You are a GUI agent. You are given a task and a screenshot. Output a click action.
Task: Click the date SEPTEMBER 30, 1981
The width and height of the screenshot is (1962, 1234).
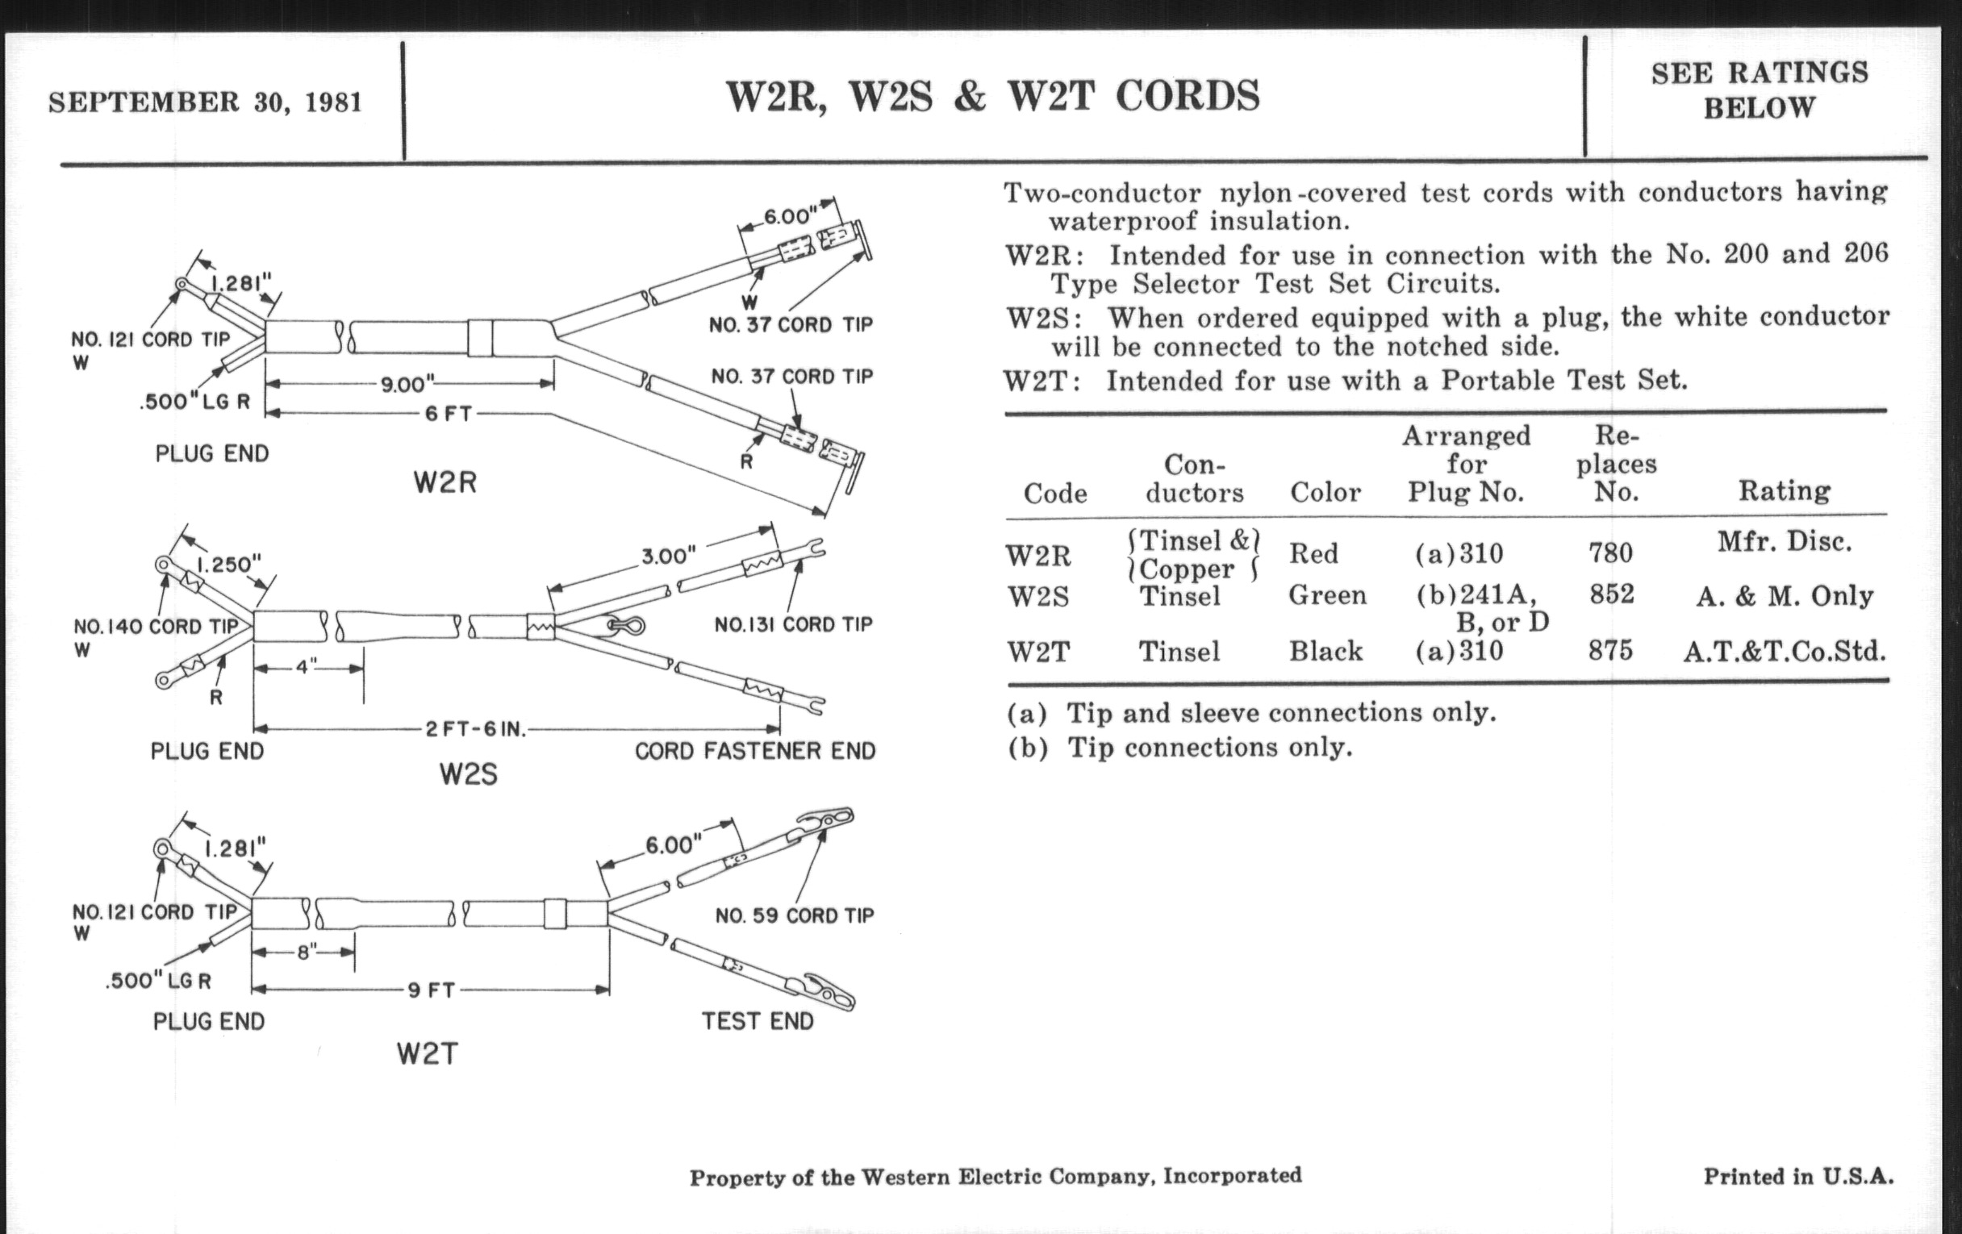pos(205,102)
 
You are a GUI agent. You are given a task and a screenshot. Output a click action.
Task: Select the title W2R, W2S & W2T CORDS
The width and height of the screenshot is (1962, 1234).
pos(992,97)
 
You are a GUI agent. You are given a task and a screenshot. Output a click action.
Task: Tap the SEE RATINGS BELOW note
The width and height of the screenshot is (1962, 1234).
pos(1760,90)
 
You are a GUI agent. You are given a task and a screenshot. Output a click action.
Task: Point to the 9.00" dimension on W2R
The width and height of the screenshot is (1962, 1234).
pos(408,384)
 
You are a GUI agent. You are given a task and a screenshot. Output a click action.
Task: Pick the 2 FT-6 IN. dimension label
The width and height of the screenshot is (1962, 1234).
pos(476,729)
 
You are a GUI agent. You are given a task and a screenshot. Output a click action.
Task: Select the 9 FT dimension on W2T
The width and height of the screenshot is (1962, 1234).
pos(431,990)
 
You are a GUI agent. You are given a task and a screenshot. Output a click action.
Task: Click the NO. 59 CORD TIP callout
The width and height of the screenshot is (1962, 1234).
pos(795,915)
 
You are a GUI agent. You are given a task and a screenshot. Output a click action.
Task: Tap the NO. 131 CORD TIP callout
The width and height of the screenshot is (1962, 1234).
pos(793,625)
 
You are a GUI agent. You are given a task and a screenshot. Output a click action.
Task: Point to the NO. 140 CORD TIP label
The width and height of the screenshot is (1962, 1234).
pos(156,627)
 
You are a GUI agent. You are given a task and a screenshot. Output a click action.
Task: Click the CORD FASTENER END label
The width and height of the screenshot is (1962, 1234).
pos(754,751)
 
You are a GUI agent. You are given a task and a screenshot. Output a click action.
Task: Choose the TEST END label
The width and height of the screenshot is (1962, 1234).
pos(758,1021)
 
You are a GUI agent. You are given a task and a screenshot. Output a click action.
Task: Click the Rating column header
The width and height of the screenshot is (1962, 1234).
pos(1784,491)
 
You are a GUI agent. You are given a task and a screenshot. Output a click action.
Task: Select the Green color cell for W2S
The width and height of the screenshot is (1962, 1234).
pos(1326,595)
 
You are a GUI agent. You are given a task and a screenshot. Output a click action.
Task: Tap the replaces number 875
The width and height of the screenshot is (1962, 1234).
pos(1610,651)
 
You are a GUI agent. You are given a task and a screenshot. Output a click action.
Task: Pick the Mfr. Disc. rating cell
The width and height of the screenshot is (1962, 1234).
pos(1785,541)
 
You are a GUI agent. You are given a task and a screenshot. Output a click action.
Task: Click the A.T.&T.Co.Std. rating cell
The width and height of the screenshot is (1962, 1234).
pos(1785,652)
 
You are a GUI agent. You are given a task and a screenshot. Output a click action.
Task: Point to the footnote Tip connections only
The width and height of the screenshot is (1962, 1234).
pos(1179,748)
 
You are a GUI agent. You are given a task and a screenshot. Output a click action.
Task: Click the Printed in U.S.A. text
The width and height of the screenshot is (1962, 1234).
pos(1798,1176)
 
